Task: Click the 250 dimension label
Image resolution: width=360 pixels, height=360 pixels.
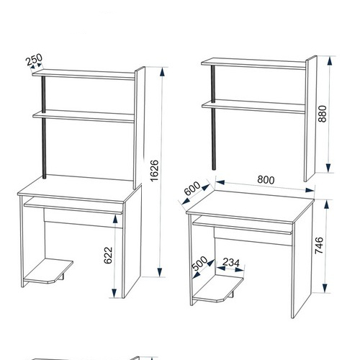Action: click(34, 60)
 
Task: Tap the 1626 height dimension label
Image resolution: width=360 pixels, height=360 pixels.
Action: click(155, 171)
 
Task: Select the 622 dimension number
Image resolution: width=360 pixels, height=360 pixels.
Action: click(108, 255)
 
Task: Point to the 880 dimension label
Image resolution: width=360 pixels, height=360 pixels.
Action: click(323, 114)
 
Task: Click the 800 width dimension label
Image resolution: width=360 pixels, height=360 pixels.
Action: click(266, 180)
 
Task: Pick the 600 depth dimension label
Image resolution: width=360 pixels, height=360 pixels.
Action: click(192, 188)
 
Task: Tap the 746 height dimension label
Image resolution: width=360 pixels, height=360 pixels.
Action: click(319, 246)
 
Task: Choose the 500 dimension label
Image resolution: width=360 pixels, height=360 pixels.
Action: click(200, 263)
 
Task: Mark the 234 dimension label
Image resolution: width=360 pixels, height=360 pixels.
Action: click(231, 263)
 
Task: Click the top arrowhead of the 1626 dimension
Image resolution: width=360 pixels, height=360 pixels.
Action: click(163, 72)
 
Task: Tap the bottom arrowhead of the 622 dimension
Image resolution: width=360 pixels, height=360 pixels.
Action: click(114, 293)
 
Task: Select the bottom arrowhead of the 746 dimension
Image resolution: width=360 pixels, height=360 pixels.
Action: click(325, 288)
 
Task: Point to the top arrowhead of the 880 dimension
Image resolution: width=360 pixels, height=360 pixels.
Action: click(330, 61)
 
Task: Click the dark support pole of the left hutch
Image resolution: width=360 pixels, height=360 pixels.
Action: click(44, 127)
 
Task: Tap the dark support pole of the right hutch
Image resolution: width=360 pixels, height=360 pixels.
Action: click(214, 117)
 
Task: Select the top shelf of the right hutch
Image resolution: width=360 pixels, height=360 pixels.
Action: click(254, 63)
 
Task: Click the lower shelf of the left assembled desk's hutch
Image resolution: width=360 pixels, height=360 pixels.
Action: click(84, 116)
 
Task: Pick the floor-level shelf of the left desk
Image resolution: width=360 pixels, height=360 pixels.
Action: click(48, 271)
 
